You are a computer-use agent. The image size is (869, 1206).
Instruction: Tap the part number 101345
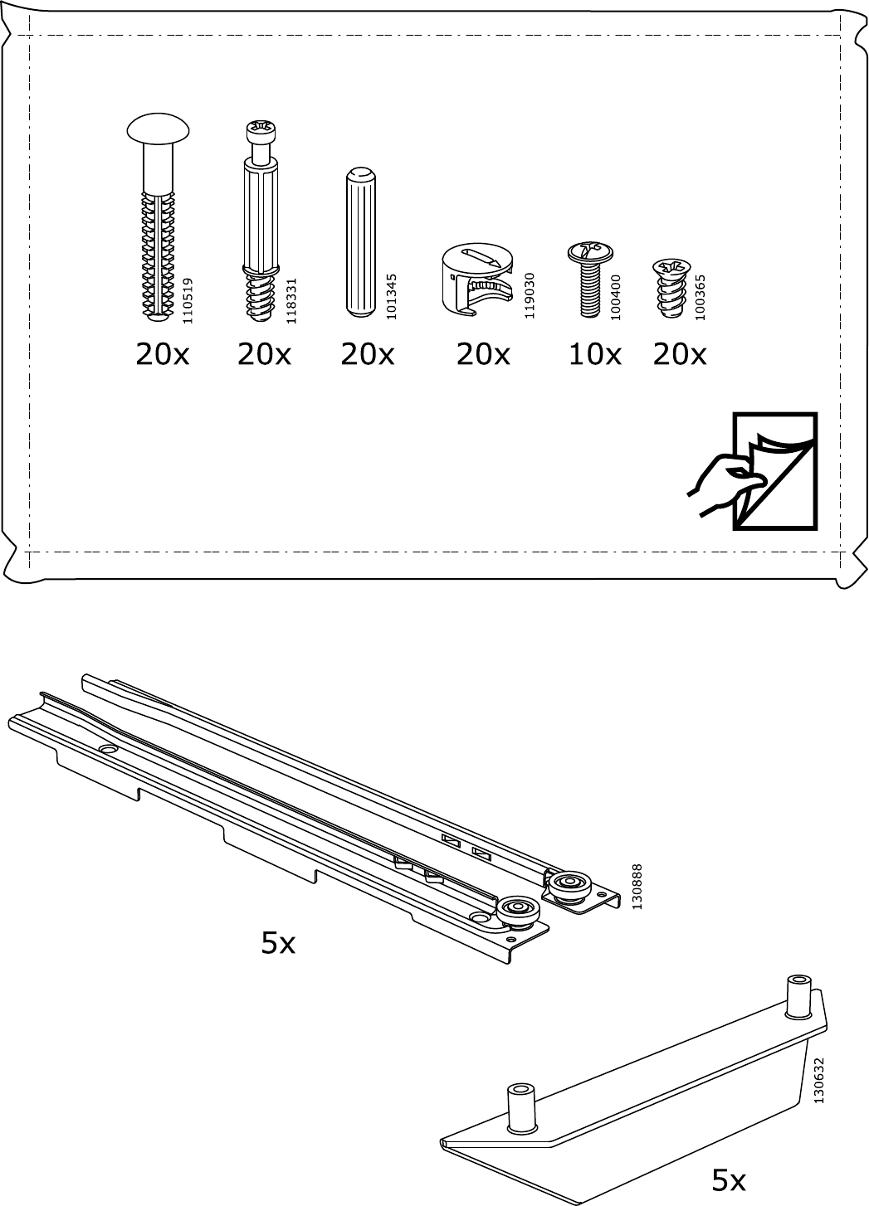coord(392,297)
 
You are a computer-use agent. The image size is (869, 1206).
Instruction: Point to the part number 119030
coord(529,295)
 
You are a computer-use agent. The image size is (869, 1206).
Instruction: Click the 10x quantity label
coord(594,355)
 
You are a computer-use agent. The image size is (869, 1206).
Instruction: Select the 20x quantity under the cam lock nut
coord(483,355)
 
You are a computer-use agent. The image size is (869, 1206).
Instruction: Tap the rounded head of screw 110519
coord(159,129)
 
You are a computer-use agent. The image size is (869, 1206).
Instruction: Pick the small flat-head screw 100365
coord(671,287)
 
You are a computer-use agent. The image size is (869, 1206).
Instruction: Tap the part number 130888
coord(637,887)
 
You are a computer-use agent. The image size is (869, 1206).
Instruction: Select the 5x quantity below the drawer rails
coord(278,943)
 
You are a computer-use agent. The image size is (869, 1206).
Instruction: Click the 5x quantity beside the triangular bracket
coord(729,1179)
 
